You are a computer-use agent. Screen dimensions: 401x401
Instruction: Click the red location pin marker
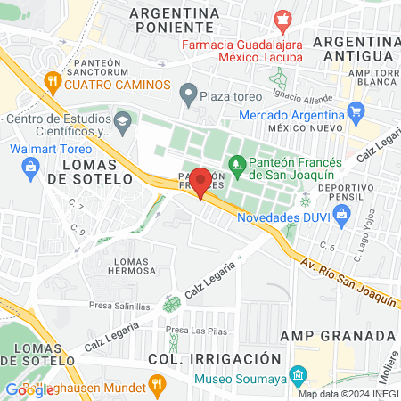(200, 183)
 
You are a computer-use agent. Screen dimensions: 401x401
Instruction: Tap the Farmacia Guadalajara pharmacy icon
(282, 19)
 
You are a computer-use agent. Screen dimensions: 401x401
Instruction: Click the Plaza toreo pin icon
(188, 93)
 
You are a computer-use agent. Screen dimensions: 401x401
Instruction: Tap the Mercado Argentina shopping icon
(356, 112)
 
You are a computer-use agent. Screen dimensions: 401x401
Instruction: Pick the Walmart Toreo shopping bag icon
(30, 165)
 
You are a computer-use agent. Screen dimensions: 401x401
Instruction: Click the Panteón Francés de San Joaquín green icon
(237, 163)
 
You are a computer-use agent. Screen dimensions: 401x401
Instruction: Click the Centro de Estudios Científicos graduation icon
(122, 119)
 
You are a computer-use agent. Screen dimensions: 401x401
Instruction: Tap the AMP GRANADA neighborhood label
(337, 335)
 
